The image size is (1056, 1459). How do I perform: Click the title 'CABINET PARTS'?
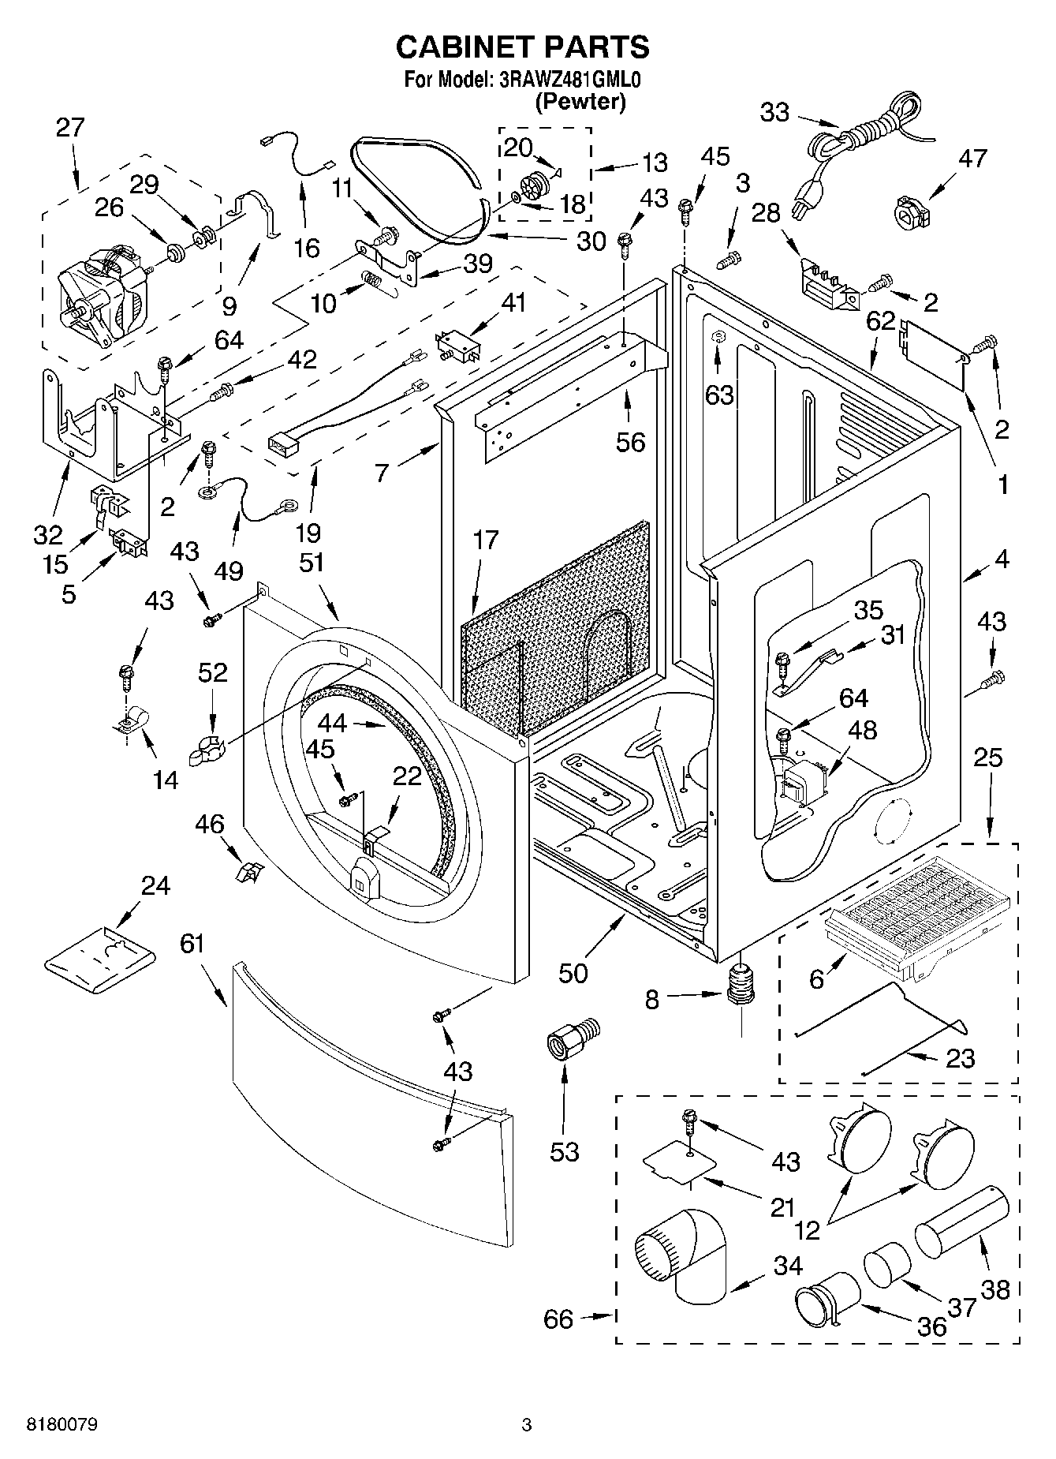point(522,47)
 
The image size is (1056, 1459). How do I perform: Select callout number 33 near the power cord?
point(774,113)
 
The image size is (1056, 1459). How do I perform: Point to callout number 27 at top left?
point(69,128)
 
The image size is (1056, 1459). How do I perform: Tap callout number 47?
point(972,159)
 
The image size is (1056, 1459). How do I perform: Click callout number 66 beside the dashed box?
point(558,1319)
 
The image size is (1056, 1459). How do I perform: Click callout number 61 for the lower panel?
point(192,944)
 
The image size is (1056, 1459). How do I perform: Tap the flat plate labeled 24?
point(99,957)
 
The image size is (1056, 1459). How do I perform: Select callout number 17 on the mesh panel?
point(486,541)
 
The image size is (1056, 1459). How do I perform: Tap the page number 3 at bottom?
point(527,1425)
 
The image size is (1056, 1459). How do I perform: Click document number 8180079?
point(63,1425)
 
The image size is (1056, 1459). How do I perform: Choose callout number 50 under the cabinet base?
point(573,974)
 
